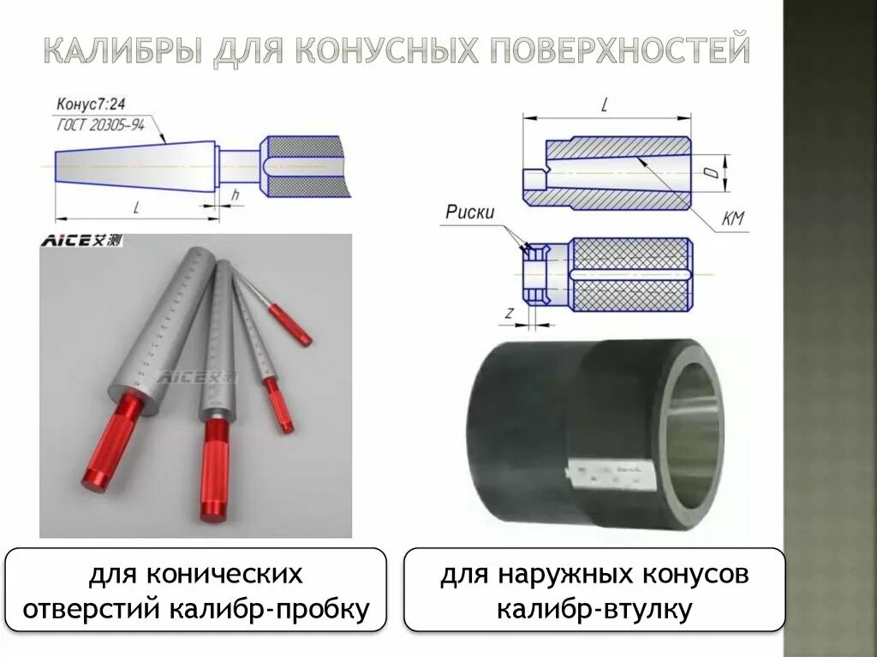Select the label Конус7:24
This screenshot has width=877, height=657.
click(87, 105)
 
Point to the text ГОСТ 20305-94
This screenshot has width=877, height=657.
click(99, 125)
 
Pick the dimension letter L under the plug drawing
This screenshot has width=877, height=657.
click(137, 206)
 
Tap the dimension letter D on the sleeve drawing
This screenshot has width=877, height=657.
click(710, 174)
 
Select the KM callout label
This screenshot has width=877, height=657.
click(733, 219)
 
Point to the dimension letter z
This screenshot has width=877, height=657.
click(509, 314)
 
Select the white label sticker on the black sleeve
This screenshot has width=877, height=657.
click(612, 473)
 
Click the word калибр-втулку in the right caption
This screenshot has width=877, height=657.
click(594, 610)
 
